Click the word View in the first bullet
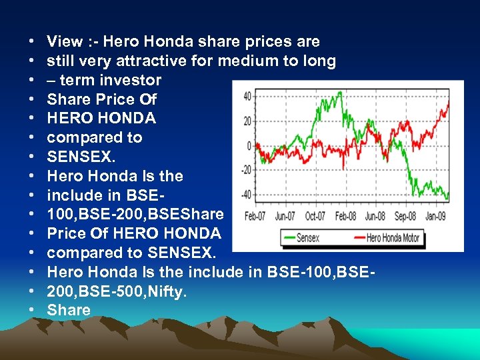63,42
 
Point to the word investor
132,81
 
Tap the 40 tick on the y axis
247,97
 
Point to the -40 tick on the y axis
246,195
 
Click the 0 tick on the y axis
249,145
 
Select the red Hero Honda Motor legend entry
387,238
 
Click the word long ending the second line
319,61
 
